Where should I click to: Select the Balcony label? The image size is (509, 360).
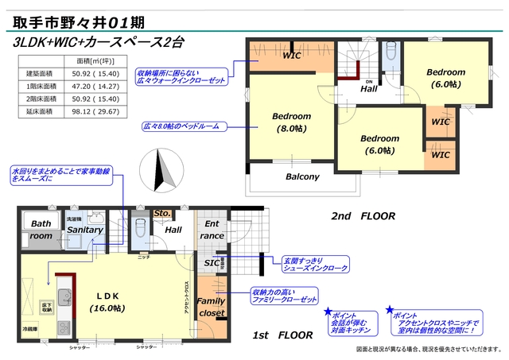tap(302, 176)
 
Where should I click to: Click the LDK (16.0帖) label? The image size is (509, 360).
tap(106, 300)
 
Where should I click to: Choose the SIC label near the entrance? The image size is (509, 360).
tap(211, 263)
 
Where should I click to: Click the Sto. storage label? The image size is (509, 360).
tap(161, 214)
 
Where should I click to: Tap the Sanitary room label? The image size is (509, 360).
tap(85, 230)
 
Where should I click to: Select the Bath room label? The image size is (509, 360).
tap(41, 230)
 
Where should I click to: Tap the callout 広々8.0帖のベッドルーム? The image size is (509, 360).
tap(180, 126)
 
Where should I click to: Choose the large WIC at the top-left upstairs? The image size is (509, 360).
tap(292, 56)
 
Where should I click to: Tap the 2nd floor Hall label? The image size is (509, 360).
tap(368, 89)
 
